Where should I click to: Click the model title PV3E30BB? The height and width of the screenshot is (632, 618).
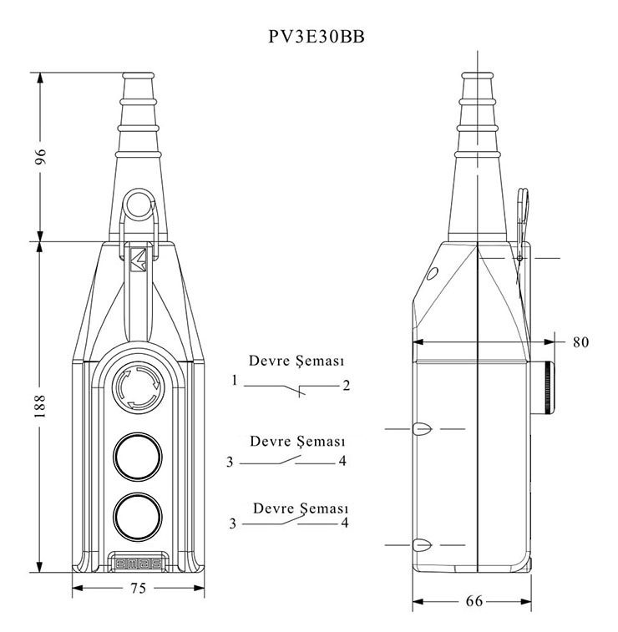[x=309, y=38]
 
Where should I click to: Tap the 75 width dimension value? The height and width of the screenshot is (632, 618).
[x=139, y=589]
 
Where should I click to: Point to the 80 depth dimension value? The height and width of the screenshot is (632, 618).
[x=580, y=341]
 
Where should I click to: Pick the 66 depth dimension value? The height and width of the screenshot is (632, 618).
[x=473, y=601]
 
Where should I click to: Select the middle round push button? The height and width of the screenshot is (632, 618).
[x=138, y=457]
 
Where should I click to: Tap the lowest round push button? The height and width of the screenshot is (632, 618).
[x=138, y=515]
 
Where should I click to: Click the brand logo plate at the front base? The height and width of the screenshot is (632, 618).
[x=138, y=562]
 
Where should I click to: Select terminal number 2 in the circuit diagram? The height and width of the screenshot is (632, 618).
[x=345, y=386]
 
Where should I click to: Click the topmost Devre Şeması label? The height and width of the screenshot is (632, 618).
[x=297, y=362]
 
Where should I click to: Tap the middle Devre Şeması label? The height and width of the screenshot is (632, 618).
[x=298, y=440]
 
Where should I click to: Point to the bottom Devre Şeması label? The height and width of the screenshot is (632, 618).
[x=301, y=507]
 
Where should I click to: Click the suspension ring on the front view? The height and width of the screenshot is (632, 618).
[x=139, y=203]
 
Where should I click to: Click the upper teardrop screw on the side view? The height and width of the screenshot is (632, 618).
[x=421, y=429]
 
